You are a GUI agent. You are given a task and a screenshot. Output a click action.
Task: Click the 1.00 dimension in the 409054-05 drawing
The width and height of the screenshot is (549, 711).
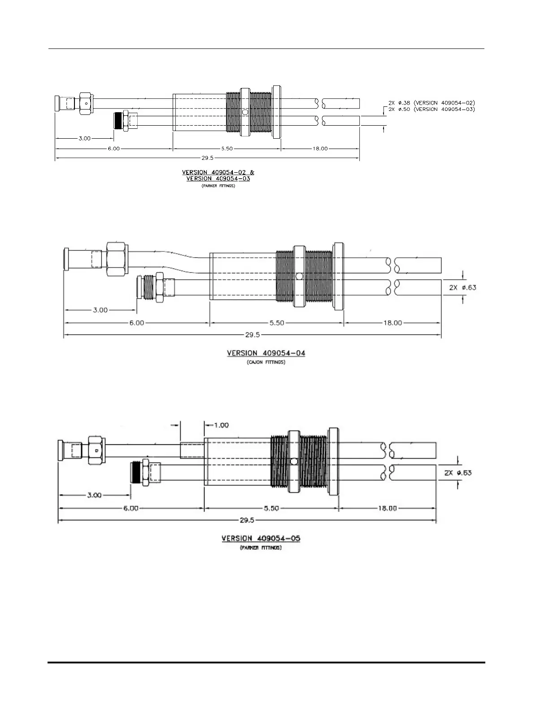coord(221,425)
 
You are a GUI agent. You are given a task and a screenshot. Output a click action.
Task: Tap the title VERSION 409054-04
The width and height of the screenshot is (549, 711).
coord(266,353)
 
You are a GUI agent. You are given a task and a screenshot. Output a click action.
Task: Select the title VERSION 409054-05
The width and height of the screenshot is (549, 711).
coord(261,538)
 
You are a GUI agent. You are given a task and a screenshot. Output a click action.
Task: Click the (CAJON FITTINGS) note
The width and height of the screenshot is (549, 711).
coord(266,362)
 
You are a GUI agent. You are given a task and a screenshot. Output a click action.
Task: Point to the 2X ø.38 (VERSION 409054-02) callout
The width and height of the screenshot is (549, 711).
coord(431,103)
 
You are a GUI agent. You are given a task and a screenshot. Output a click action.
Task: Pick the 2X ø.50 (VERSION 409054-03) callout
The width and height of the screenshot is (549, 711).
coord(431,109)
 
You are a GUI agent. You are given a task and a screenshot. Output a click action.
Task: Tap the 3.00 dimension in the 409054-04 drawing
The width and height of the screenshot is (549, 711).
coord(100,310)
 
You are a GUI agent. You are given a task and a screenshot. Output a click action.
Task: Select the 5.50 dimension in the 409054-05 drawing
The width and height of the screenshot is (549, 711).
coord(271,509)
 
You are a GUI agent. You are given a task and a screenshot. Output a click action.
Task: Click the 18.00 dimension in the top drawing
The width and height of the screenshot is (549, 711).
coord(320,149)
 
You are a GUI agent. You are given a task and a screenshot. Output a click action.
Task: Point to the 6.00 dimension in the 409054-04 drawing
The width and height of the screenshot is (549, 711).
coord(137,323)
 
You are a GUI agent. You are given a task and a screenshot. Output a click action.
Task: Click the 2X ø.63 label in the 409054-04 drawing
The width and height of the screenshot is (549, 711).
coord(462,288)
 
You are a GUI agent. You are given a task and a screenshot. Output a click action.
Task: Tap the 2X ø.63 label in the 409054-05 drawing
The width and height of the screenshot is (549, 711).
coord(457,473)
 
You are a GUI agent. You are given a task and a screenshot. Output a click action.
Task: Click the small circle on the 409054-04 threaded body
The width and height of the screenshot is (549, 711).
coord(299,276)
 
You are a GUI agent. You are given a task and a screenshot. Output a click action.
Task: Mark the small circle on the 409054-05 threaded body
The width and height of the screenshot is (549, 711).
coord(293,461)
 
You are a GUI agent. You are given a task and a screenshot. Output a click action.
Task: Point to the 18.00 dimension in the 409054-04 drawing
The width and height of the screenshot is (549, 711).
coord(392,323)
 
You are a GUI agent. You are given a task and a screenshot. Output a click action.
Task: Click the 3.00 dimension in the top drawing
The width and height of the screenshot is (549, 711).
coord(84,138)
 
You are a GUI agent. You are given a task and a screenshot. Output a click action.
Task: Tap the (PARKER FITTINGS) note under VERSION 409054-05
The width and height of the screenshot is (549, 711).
coord(261,548)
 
